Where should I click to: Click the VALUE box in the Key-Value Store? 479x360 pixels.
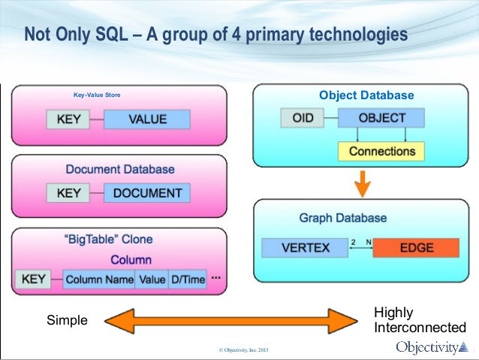(147, 119)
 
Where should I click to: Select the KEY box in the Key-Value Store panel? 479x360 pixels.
(69, 119)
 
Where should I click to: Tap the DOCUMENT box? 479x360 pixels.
(147, 192)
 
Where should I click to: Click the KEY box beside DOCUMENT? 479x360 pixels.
(69, 192)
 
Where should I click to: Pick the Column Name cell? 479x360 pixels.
(98, 280)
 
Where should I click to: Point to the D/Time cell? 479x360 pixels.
(188, 280)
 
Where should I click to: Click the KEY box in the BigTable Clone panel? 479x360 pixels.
(33, 280)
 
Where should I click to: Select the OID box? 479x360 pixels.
(303, 118)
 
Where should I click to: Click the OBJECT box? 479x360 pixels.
(381, 118)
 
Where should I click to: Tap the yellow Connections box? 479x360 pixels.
(381, 150)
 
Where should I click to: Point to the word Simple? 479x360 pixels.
(67, 320)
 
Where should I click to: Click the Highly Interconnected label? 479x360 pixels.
(419, 320)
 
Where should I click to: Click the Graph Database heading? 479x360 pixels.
(343, 218)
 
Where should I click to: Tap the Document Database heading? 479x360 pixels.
(120, 169)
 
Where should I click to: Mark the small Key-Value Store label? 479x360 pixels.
(96, 95)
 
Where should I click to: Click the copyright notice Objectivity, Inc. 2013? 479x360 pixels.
(243, 351)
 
